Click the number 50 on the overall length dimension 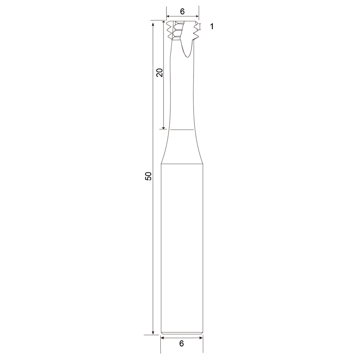148,176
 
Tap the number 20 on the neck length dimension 159,73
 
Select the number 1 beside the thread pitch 212,26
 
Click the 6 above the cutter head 182,12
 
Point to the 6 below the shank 182,344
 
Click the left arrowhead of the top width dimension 168,16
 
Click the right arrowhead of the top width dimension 197,16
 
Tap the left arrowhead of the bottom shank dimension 162,338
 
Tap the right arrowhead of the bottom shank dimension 201,338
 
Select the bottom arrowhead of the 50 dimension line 153,333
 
